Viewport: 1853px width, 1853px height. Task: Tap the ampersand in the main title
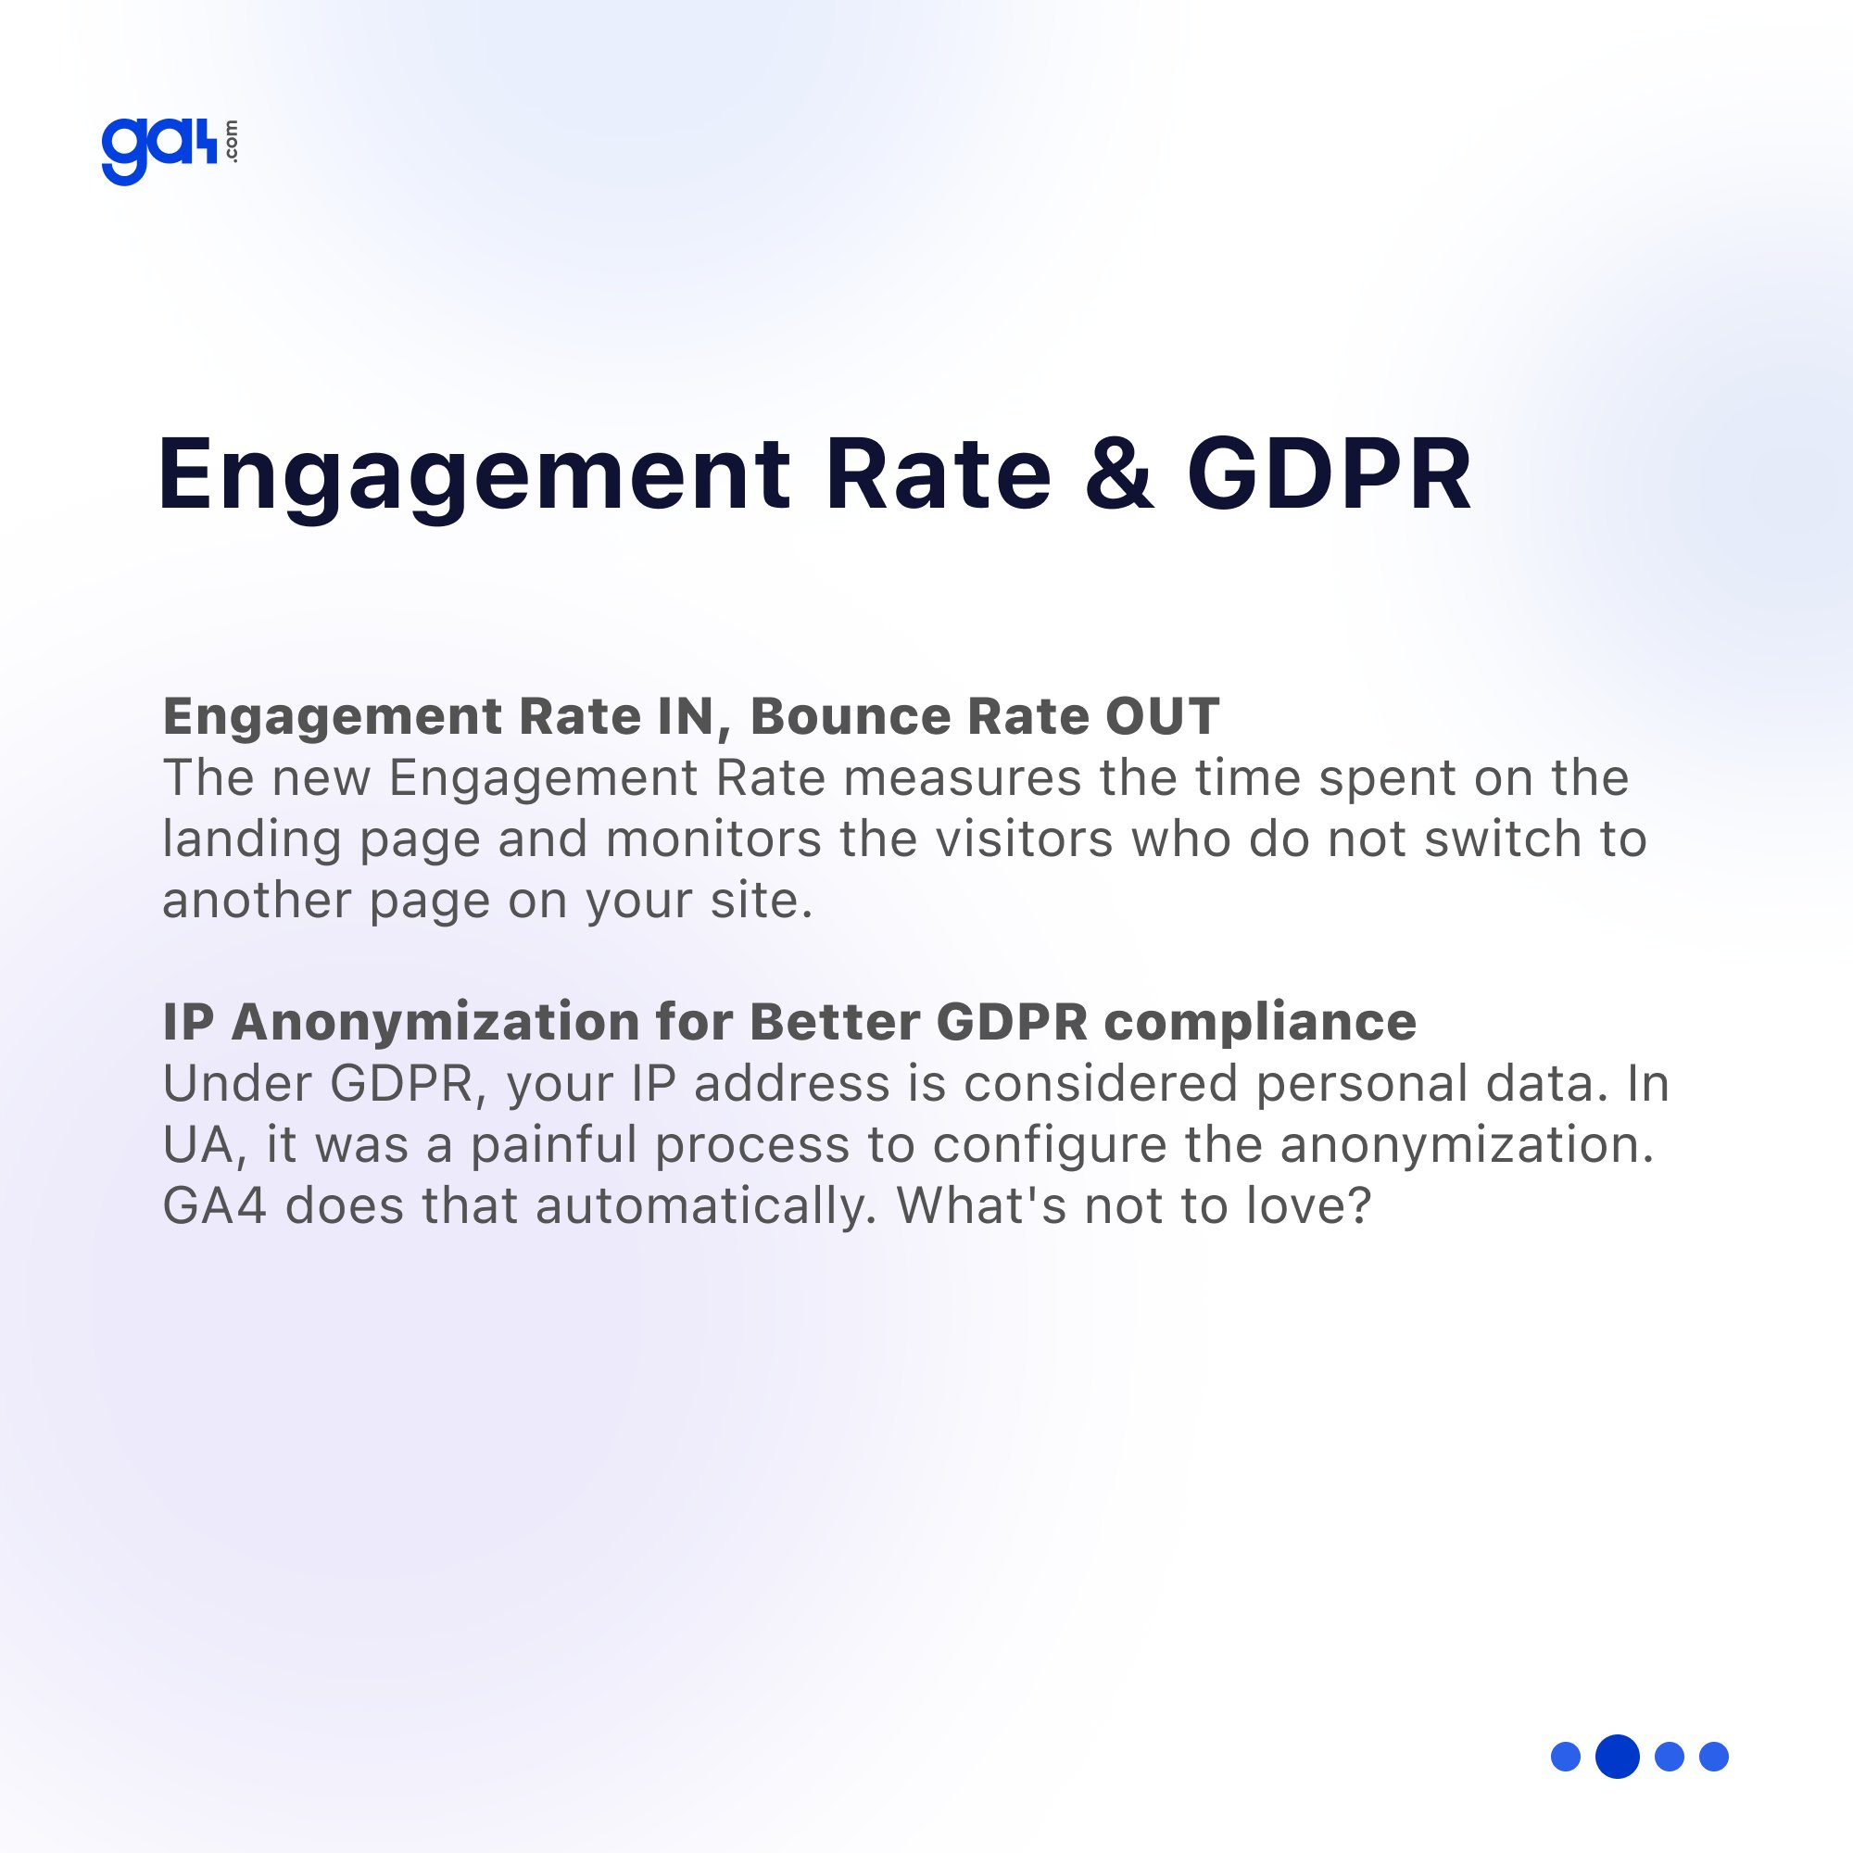point(1118,473)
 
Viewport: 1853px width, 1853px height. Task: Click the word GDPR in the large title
point(1329,473)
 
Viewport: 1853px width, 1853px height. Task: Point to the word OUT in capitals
point(1163,716)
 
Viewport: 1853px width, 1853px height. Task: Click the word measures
point(962,778)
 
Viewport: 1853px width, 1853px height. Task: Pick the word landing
point(251,840)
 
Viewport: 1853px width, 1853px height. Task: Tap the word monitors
point(712,839)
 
